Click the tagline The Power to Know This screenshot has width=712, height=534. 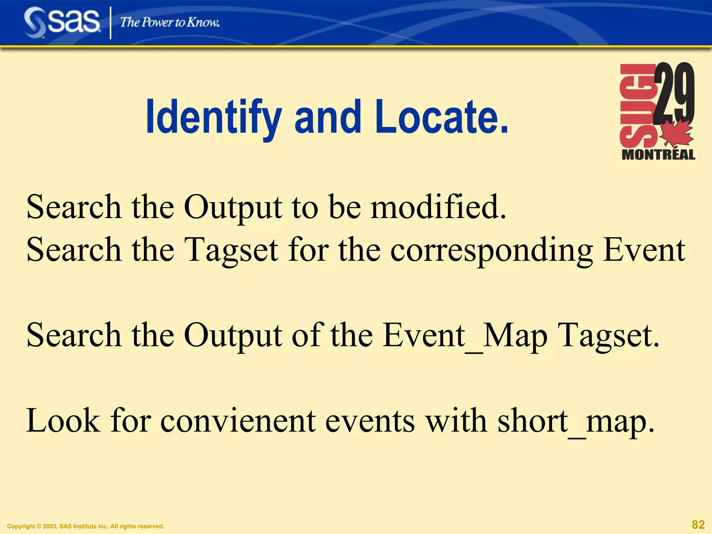(x=170, y=23)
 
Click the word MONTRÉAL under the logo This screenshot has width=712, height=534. (x=658, y=154)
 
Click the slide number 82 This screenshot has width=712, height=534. (x=698, y=524)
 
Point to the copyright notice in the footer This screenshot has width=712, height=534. (x=86, y=526)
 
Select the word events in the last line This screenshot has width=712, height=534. (x=370, y=421)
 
